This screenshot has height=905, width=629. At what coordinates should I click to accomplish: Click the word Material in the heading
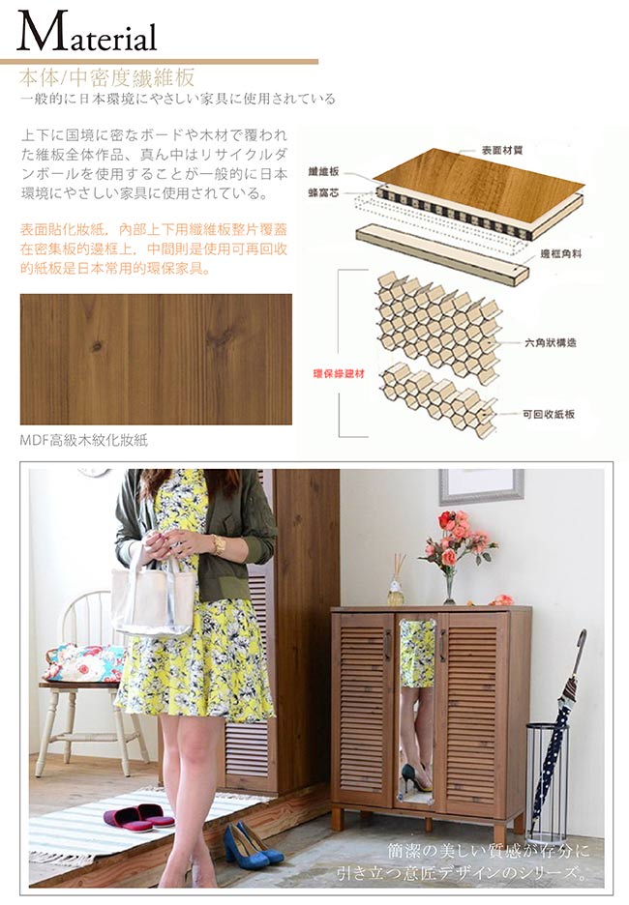(x=87, y=32)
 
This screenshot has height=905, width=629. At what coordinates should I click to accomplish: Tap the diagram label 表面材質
(x=502, y=150)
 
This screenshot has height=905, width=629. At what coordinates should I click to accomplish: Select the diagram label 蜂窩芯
(x=323, y=193)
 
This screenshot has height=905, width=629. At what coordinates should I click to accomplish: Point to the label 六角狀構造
(x=550, y=343)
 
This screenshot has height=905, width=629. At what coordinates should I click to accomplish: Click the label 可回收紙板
(x=549, y=414)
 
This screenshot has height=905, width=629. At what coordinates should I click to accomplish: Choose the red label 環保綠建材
(x=339, y=374)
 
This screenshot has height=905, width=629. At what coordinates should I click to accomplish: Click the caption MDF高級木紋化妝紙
(x=84, y=440)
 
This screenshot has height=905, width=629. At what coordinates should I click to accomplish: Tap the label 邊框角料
(x=560, y=253)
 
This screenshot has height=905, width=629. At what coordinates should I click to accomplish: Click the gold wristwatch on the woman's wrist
(x=219, y=544)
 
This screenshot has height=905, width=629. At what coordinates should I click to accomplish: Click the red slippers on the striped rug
(x=139, y=817)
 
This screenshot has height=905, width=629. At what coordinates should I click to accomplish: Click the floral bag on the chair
(x=84, y=662)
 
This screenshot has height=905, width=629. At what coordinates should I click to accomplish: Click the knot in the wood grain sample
(x=96, y=347)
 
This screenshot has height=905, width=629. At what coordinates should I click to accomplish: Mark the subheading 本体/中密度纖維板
(x=106, y=77)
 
